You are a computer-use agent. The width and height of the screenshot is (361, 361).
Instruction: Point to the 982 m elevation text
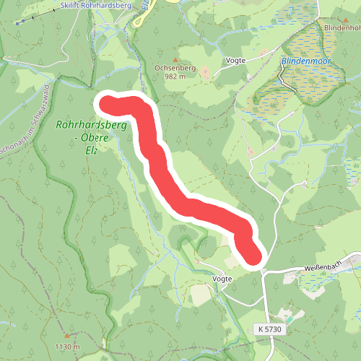click(175, 75)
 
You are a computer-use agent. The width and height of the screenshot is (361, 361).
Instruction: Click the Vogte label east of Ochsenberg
click(236, 61)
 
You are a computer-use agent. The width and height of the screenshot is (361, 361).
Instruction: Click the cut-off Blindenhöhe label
click(342, 27)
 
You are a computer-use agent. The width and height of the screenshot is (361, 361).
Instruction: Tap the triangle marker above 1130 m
click(66, 336)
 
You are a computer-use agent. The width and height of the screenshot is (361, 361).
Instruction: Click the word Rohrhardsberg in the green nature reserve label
click(91, 125)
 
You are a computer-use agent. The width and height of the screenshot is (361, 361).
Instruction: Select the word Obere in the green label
click(114, 139)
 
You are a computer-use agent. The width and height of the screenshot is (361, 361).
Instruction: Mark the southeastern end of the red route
click(252, 256)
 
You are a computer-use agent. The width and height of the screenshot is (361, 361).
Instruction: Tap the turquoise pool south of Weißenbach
click(288, 317)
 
